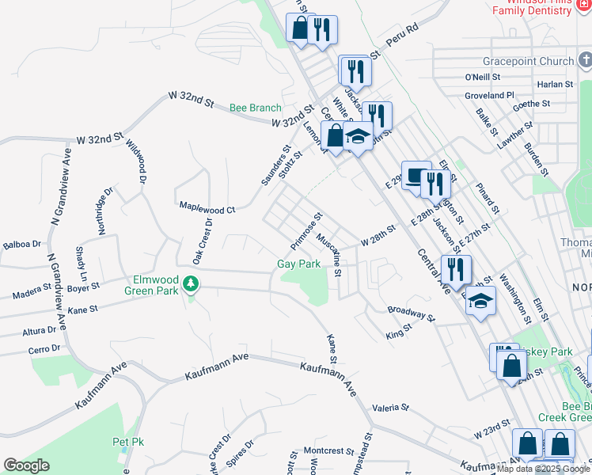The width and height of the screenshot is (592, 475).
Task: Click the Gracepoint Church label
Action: coord(528,61)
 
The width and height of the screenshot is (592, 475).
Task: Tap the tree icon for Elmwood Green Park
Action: coord(190,283)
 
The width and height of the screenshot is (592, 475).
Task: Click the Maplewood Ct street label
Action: coord(207,207)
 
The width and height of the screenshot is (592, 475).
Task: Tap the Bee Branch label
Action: coord(255,108)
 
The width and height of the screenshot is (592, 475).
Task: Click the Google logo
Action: coord(26,465)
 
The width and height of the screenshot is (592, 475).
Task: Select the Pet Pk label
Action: coord(127,441)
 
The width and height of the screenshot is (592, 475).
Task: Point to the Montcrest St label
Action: coord(328,450)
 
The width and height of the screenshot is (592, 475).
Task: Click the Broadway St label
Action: coord(412,313)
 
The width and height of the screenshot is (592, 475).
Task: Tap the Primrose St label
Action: coord(307,228)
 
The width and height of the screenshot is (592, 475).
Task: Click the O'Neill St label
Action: coord(483,77)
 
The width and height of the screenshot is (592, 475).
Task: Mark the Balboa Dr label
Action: coord(21,245)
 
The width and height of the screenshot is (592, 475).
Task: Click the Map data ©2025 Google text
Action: coord(544,469)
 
